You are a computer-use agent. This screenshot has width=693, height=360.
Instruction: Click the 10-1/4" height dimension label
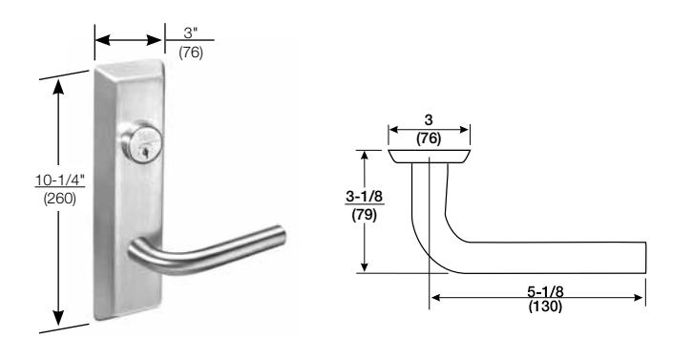(60, 180)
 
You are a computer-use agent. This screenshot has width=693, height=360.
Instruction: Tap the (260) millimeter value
(60, 199)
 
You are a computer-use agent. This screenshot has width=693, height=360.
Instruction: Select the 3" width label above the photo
(191, 32)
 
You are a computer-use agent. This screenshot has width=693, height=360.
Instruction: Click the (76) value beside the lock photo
(191, 53)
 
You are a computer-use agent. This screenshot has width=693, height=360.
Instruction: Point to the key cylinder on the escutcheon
(142, 141)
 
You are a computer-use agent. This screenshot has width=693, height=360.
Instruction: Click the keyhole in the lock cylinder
(144, 154)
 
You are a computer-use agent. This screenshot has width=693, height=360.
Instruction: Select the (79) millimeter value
(365, 215)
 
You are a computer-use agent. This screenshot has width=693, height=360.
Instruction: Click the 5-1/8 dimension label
(545, 291)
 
